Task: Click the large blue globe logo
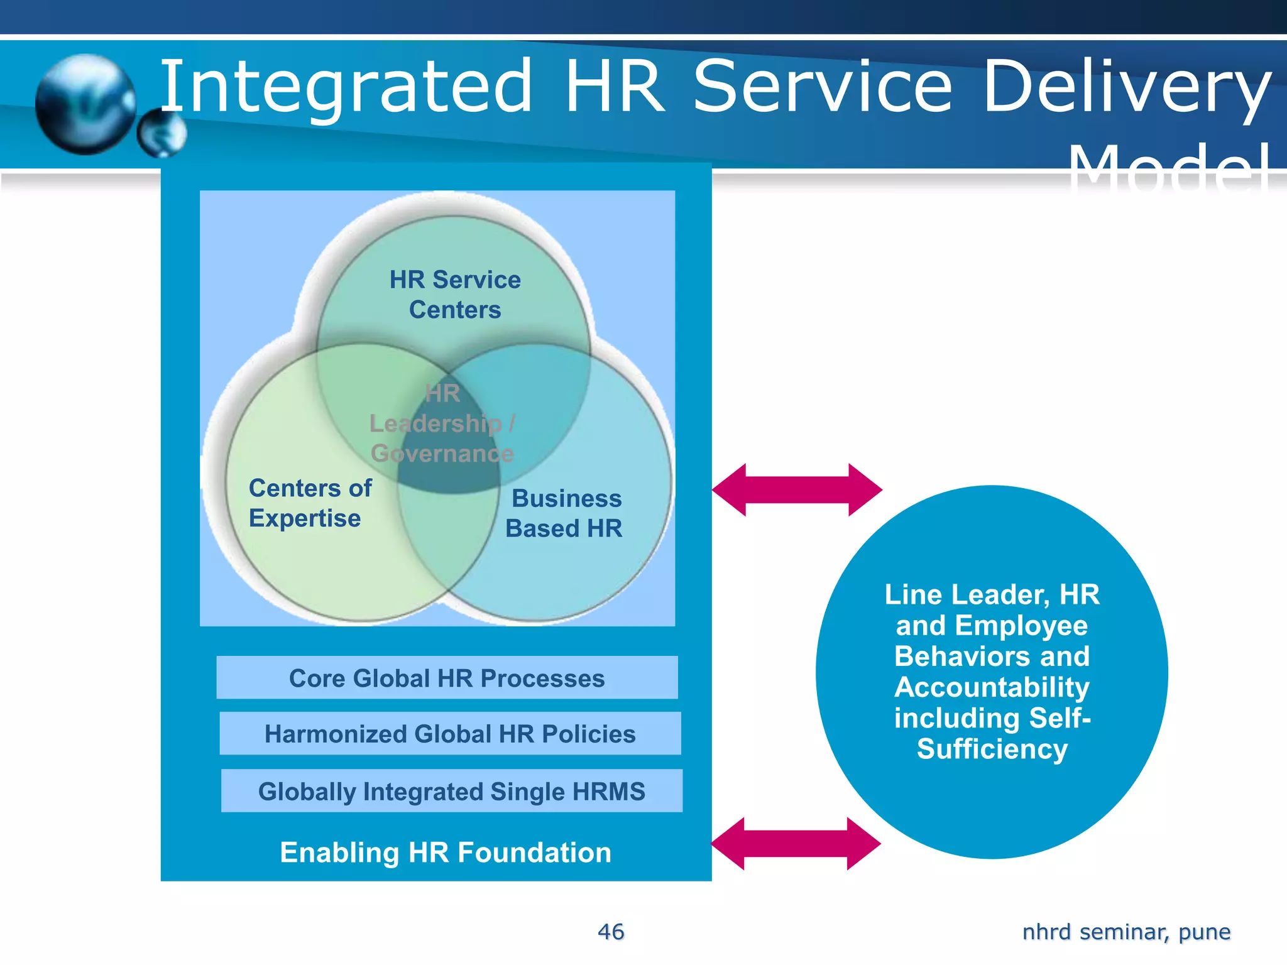point(85,104)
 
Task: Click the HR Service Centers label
point(455,295)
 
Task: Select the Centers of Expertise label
point(310,503)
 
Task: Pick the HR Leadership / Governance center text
point(442,423)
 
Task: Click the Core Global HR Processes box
point(447,678)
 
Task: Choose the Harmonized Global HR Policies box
point(450,734)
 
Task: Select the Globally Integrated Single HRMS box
point(451,791)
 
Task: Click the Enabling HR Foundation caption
point(446,853)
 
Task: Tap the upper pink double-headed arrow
point(797,489)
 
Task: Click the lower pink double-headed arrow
point(796,844)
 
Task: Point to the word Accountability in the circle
point(992,687)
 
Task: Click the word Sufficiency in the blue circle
point(992,749)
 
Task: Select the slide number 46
point(611,932)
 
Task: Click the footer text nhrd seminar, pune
point(1126,932)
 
